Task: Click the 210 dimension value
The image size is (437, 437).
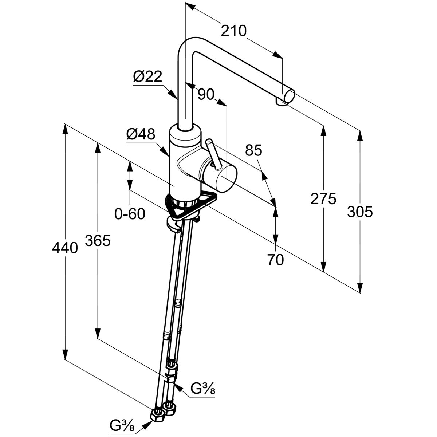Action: tap(234, 31)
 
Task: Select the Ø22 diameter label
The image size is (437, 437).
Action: tap(147, 76)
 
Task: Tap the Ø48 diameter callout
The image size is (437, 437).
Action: tap(141, 135)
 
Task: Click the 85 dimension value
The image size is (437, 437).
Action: tap(253, 150)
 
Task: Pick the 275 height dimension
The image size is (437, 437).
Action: tap(323, 199)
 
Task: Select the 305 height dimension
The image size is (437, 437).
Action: tap(360, 212)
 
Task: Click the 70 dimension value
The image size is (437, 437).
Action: tap(275, 260)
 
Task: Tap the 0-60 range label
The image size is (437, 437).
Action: tap(130, 214)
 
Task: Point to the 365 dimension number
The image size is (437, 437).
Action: tap(98, 240)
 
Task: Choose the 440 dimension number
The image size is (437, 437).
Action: tap(65, 248)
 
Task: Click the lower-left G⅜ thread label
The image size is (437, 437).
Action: tap(122, 425)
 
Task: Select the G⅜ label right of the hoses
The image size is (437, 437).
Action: tap(203, 389)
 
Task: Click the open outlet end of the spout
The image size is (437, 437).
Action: tap(290, 96)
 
